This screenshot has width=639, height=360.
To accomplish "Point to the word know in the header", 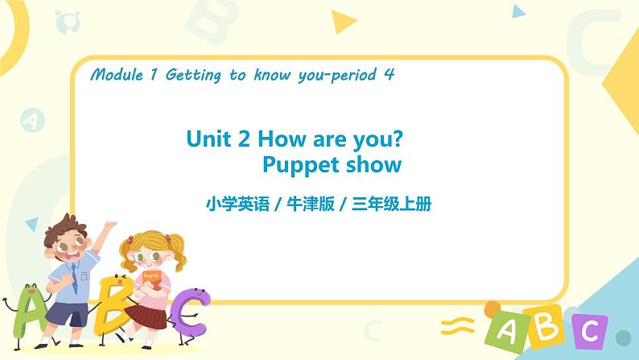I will (x=274, y=76).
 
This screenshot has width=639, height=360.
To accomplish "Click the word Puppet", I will (x=301, y=165).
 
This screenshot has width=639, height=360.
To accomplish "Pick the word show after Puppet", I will (x=373, y=165).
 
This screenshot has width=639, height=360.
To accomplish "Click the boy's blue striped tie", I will (x=73, y=278).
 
